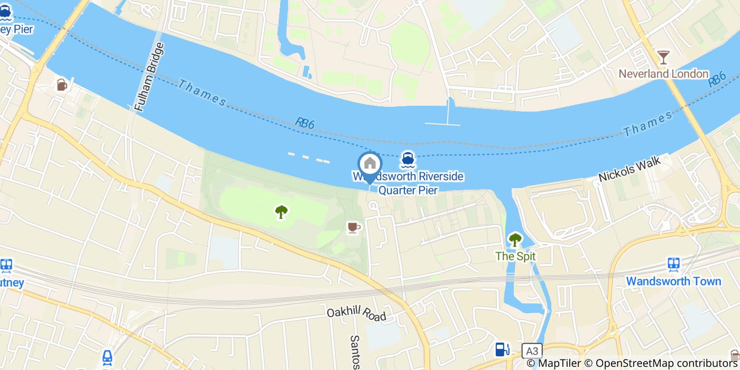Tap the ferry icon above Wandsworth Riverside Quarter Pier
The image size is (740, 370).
[407, 159]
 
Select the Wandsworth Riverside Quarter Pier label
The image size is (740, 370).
[408, 183]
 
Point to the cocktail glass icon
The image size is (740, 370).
[663, 57]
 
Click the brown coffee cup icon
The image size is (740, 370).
[354, 227]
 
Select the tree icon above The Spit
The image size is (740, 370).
[515, 240]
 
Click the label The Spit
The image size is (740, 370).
[515, 256]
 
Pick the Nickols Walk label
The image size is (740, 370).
[630, 169]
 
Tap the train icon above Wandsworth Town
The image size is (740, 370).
[673, 265]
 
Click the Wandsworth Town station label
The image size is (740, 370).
[673, 281]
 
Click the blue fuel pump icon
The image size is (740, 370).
[502, 349]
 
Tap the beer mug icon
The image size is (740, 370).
[62, 85]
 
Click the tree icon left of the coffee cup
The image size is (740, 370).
[281, 212]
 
